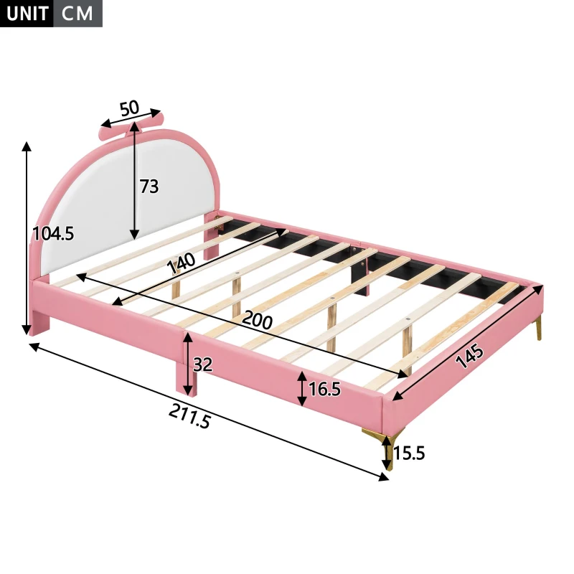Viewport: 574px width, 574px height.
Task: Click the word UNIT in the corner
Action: pos(26,14)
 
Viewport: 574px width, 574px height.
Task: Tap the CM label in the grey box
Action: pos(77,14)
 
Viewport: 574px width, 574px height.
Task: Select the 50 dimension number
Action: pos(129,109)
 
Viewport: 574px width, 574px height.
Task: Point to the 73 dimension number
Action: pos(149,187)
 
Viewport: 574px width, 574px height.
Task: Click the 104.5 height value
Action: pos(53,233)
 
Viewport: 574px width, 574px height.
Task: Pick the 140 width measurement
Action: pos(182,265)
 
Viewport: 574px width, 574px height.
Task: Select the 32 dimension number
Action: pos(203,364)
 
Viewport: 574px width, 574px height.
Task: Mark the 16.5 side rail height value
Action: pos(324,390)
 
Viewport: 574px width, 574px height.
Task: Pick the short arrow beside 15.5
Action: pos(387,453)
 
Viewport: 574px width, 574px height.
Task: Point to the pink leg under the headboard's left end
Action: pos(39,319)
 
